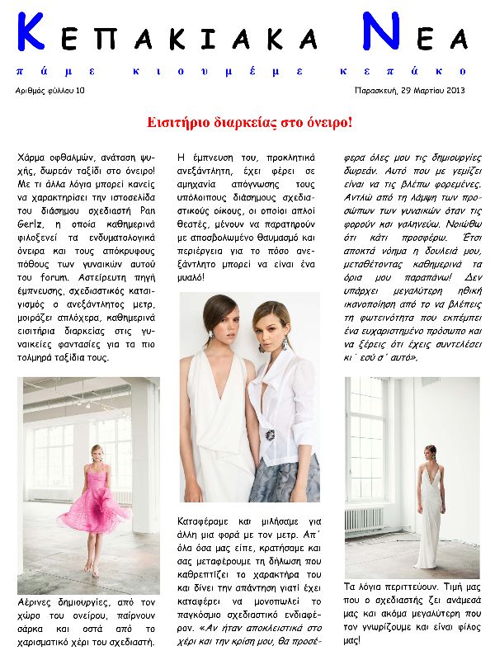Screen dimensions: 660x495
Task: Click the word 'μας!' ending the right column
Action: coord(354,640)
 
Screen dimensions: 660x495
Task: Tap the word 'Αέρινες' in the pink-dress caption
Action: coord(35,602)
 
